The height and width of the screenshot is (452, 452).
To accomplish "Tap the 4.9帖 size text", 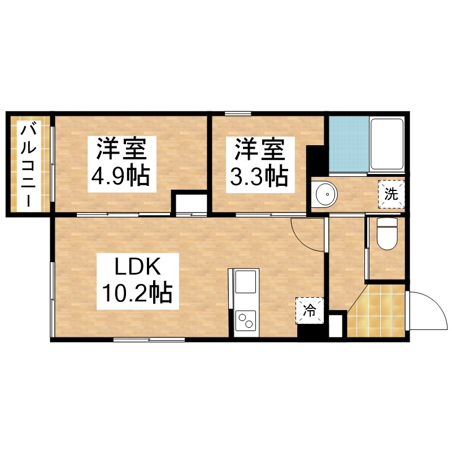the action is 120,175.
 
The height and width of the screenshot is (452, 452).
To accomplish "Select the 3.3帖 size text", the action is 259,175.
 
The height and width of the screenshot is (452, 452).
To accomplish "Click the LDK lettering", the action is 137,267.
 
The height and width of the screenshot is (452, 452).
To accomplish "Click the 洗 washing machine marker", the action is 391,194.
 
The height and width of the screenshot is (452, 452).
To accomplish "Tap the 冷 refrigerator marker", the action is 310,311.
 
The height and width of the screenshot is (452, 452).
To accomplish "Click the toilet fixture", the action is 387,233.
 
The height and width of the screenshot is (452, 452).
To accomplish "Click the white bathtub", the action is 386,144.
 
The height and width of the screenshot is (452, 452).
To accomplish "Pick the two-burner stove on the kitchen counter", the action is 245,320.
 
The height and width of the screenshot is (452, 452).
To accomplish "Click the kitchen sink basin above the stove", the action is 245,281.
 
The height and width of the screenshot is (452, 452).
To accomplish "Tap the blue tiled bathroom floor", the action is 349,144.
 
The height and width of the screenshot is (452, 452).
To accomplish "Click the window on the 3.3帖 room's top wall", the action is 238,114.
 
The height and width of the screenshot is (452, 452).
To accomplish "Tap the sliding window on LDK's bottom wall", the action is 149,340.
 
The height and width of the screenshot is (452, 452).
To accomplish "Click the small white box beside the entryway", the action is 335,326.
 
